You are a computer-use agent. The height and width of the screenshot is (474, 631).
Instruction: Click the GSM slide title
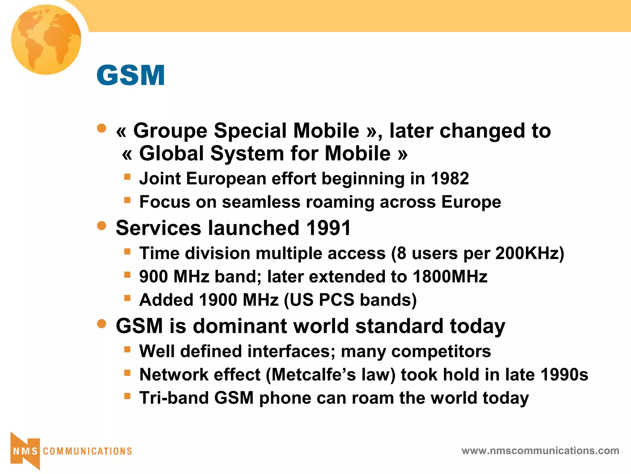click(131, 75)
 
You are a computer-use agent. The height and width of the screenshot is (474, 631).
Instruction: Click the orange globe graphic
click(46, 39)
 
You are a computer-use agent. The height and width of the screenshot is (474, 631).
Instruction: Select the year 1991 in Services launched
click(328, 228)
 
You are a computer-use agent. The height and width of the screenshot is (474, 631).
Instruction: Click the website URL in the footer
click(540, 451)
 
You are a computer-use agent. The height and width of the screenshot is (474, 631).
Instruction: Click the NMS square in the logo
click(25, 451)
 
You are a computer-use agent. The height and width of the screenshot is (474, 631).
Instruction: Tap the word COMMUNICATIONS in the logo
click(87, 451)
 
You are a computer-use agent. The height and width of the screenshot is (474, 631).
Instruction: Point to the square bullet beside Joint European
click(127, 177)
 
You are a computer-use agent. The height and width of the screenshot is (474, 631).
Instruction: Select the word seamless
click(261, 202)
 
